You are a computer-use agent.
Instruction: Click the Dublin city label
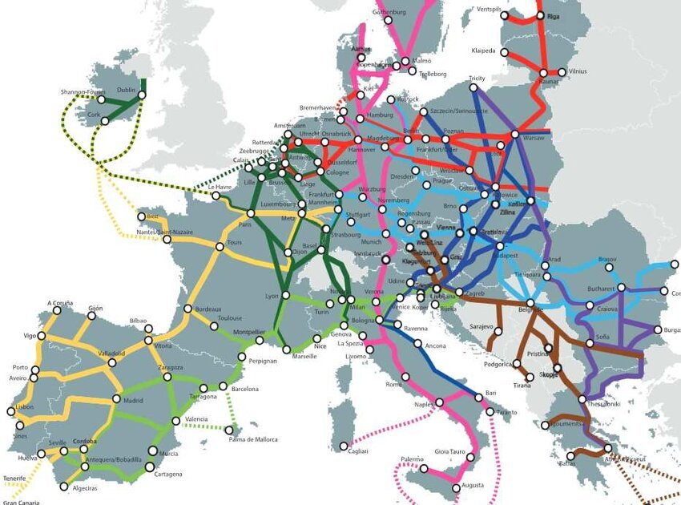pyautogui.click(x=127, y=91)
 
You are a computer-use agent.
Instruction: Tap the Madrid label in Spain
pyautogui.click(x=133, y=401)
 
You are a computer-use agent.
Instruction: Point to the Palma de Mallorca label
pyautogui.click(x=252, y=439)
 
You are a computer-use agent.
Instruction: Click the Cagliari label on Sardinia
pyautogui.click(x=358, y=452)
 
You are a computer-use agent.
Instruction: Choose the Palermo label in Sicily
pyautogui.click(x=412, y=459)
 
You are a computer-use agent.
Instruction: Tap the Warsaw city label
pyautogui.click(x=533, y=139)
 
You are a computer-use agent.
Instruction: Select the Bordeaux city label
pyautogui.click(x=208, y=309)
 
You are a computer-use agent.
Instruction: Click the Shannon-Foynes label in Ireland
pyautogui.click(x=83, y=92)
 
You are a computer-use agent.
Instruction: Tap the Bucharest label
pyautogui.click(x=599, y=288)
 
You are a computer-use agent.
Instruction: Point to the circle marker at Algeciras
pyautogui.click(x=64, y=487)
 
